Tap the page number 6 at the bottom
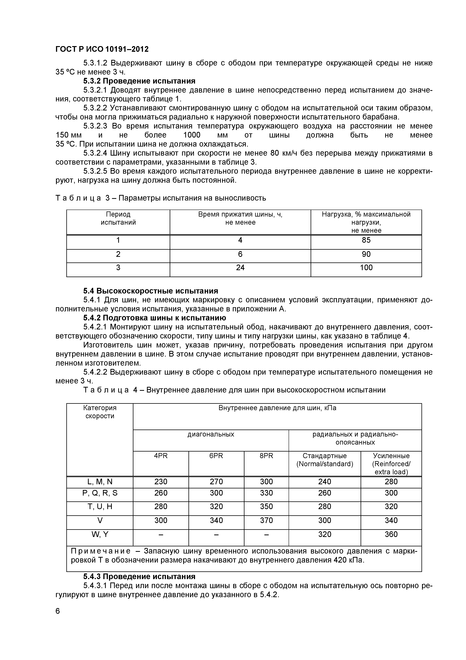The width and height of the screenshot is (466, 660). point(58,611)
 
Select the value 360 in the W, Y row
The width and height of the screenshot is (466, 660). point(391,534)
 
